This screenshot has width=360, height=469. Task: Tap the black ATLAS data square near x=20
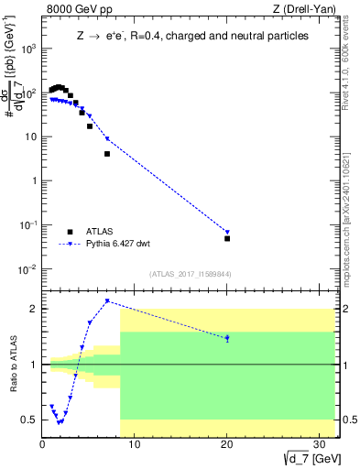(x=227, y=238)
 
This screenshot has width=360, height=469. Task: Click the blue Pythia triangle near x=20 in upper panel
(x=227, y=232)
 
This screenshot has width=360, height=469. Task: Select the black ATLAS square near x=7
(x=107, y=154)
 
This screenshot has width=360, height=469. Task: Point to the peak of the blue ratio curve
(x=107, y=300)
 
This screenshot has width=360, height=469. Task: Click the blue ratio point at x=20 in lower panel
(x=227, y=338)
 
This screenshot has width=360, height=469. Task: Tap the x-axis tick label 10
(x=134, y=443)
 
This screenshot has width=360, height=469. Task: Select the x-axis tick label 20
(x=226, y=443)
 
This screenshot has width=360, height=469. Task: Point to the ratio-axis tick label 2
(x=34, y=310)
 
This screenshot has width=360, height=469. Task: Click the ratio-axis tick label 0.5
(x=28, y=420)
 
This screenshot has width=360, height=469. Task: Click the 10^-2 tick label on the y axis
(x=27, y=269)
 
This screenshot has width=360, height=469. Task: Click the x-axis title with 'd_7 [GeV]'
(x=312, y=458)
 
